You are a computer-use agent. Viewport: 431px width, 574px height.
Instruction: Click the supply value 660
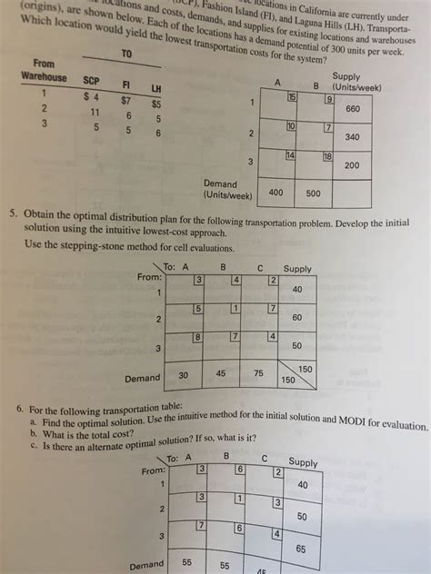click(352, 109)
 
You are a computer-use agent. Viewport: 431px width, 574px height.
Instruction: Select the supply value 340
click(352, 138)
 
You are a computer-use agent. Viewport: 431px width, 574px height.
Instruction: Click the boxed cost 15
click(292, 96)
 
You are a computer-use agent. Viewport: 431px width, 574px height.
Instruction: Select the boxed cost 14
click(291, 156)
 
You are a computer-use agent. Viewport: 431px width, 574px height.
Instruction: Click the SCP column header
click(91, 81)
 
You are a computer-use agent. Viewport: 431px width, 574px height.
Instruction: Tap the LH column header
click(155, 88)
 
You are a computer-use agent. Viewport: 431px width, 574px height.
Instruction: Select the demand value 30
click(183, 375)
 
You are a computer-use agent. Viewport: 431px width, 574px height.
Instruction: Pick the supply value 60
click(296, 319)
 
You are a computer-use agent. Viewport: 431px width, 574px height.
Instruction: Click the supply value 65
click(301, 549)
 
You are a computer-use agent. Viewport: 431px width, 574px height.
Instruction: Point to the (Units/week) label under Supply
click(357, 87)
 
